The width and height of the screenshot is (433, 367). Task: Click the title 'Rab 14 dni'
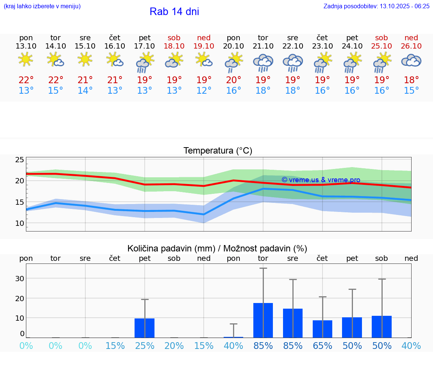coord(174,12)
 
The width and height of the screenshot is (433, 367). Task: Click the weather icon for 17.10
coord(145,62)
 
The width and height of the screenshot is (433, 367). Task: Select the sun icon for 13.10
coord(26,59)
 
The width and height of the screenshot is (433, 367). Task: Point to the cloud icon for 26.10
coord(411,61)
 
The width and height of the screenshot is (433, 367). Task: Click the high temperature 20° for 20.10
coord(233,80)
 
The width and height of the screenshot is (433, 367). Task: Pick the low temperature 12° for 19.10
coord(204,91)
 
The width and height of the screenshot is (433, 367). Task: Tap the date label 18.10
coord(174,46)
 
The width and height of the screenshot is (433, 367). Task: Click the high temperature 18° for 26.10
coord(411,80)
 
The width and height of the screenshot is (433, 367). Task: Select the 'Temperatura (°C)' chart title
coord(218,151)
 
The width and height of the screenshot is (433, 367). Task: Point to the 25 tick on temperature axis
coord(20,160)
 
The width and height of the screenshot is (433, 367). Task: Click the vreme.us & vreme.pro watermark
coord(321,180)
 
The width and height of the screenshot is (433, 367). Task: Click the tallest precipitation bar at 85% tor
coord(263,320)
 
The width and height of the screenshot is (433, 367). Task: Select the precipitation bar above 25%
coord(145,328)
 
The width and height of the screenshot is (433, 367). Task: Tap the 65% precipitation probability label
coord(322,346)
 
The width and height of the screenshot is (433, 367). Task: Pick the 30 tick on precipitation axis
coord(20,279)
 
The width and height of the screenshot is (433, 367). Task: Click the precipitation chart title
coord(217,248)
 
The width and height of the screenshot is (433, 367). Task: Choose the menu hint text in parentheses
coord(42,6)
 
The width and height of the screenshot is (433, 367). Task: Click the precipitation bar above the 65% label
coord(322,329)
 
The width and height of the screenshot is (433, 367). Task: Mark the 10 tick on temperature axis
coord(20,223)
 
